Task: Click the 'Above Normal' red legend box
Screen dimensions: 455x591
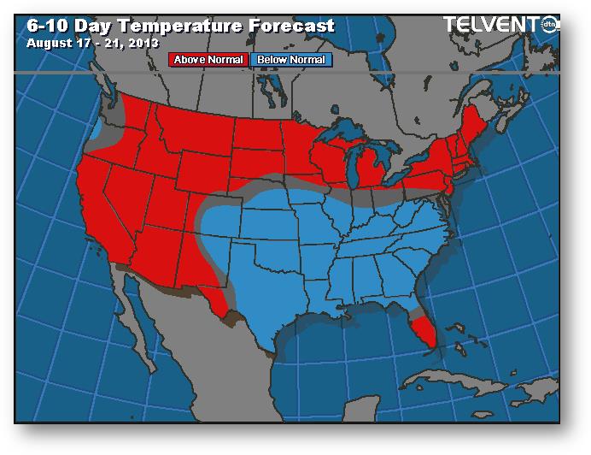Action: click(209, 60)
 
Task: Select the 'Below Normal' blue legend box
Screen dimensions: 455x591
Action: click(290, 60)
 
